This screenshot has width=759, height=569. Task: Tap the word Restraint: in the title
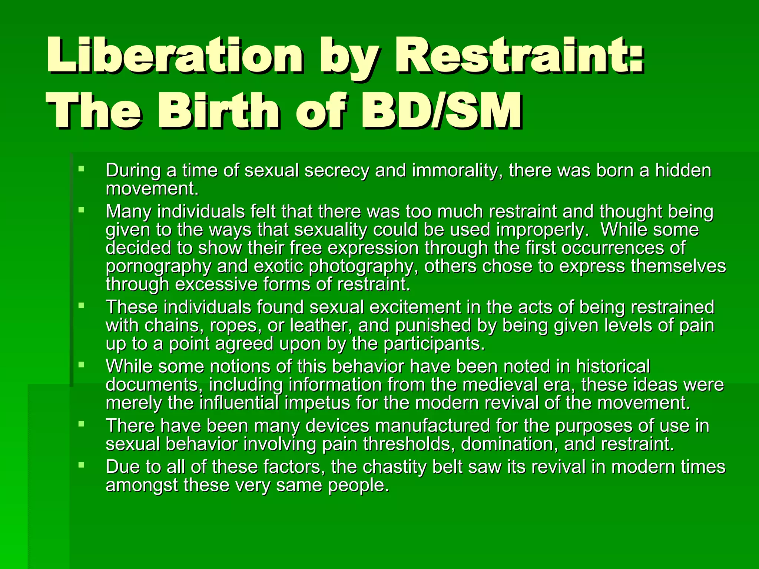[x=519, y=56]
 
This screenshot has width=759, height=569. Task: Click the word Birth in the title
[x=219, y=111]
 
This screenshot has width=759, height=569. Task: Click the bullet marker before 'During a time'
[x=82, y=169]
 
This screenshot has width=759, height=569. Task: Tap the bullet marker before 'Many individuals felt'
[x=82, y=210]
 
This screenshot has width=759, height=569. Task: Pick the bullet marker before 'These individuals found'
[x=82, y=306]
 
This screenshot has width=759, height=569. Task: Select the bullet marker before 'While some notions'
[x=82, y=365]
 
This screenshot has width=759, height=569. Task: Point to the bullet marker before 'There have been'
[x=82, y=424]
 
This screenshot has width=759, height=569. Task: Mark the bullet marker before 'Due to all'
[x=82, y=465]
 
